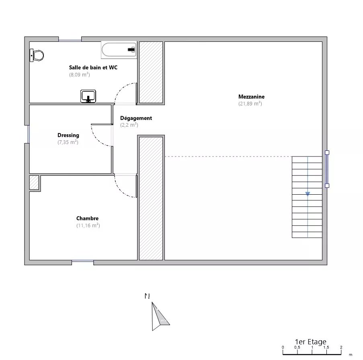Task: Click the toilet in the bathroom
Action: click(37, 56)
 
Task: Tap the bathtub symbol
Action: click(119, 49)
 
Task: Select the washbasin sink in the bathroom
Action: click(88, 96)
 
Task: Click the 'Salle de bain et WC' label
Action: click(93, 68)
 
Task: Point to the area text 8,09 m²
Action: click(80, 74)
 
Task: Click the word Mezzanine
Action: click(251, 97)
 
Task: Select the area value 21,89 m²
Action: click(250, 103)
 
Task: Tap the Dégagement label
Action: click(136, 118)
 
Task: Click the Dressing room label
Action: click(68, 135)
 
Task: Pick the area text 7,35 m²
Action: click(68, 142)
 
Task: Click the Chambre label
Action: click(88, 218)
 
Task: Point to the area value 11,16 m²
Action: click(88, 225)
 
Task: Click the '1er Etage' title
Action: click(310, 342)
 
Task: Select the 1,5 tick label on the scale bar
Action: click(326, 347)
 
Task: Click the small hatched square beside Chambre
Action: click(34, 183)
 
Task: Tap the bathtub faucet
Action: click(131, 49)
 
